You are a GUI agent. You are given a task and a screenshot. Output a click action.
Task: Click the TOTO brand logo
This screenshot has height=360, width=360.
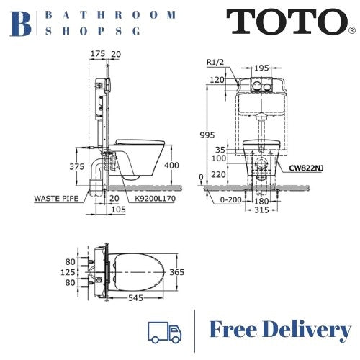286,22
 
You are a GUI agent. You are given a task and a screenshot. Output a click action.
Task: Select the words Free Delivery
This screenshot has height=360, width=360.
280,330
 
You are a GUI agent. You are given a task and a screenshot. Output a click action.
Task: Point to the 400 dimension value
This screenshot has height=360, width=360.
170,166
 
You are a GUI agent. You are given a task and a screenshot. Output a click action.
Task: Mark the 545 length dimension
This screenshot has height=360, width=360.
135,296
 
